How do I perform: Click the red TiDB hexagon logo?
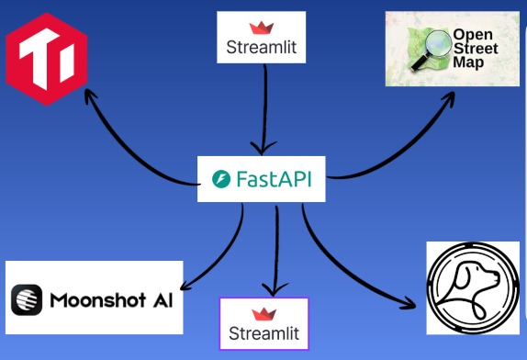[46, 53]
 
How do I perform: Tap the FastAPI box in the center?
[262, 179]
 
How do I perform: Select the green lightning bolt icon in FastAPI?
[220, 179]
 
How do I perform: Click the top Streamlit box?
[261, 38]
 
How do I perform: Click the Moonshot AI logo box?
[94, 298]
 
